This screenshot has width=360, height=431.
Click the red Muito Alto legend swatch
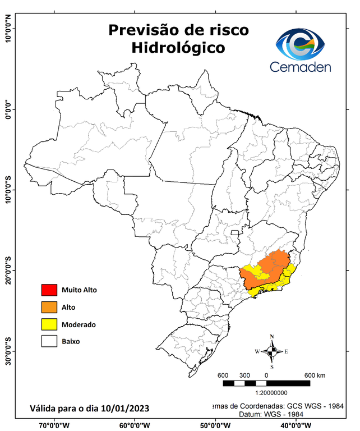coord(49,290)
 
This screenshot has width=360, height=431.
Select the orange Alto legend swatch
coord(49,307)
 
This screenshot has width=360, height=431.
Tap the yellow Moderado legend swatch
coord(49,324)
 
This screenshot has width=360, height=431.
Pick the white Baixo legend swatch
coord(49,341)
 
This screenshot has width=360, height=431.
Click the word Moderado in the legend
coord(79,324)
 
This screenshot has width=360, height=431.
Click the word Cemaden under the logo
coord(301,67)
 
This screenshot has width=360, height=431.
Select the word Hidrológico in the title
coord(178,48)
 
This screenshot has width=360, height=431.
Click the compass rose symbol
coord(272,352)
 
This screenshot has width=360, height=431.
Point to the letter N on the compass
coord(272,337)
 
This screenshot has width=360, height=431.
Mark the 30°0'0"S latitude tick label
coord(8,351)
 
